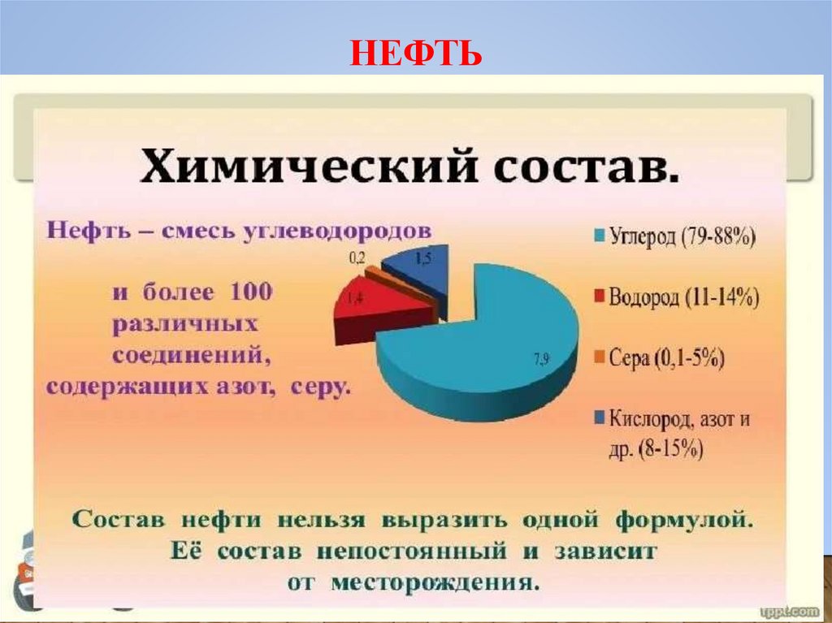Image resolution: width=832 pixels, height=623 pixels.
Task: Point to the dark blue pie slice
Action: [x=418, y=268]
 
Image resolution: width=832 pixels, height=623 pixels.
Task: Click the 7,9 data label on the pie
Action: [x=540, y=360]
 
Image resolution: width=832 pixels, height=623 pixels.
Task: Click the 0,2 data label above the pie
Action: [x=357, y=257]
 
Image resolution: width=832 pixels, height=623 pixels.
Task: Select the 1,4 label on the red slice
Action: [x=355, y=300]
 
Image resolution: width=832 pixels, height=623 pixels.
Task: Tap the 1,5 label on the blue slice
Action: [x=423, y=259]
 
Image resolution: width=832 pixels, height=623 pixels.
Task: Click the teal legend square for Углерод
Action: [x=599, y=237]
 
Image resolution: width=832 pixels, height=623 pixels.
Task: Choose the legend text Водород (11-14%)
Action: [x=687, y=297]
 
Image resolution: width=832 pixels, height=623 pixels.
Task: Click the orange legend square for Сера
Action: [x=599, y=358]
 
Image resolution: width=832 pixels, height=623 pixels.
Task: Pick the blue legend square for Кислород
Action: [x=599, y=419]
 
